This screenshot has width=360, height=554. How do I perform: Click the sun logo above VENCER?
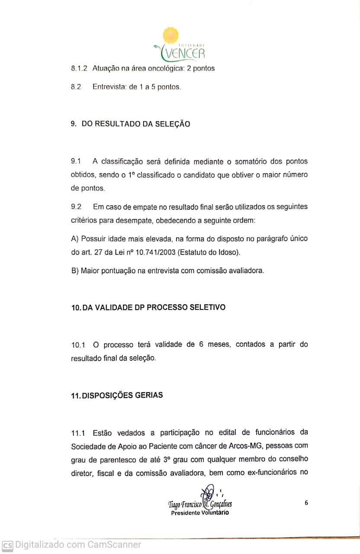pyautogui.click(x=170, y=35)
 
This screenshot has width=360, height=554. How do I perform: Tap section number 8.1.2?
pyautogui.click(x=79, y=68)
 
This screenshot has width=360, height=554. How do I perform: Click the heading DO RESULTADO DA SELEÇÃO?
pyautogui.click(x=136, y=124)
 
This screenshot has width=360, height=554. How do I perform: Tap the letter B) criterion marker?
pyautogui.click(x=74, y=271)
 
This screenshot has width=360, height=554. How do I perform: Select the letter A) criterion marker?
pyautogui.click(x=74, y=239)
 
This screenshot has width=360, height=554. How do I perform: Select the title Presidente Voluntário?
pyautogui.click(x=200, y=513)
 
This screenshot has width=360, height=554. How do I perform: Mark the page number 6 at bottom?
pyautogui.click(x=306, y=503)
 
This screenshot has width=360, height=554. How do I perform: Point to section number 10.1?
pyautogui.click(x=78, y=345)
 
